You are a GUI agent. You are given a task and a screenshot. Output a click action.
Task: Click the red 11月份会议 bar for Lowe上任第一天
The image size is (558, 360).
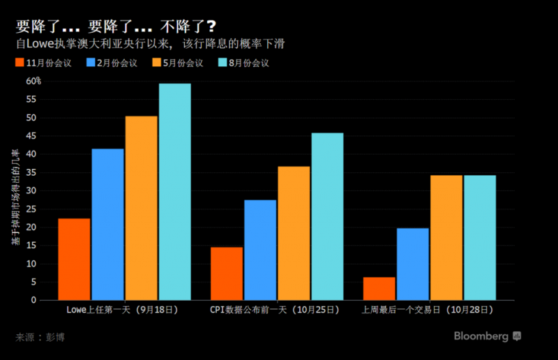tap(74, 259)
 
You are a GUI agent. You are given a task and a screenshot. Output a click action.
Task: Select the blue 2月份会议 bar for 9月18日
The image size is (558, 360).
tap(107, 224)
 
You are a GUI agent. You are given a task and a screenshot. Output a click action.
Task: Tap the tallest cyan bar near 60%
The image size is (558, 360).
tap(174, 192)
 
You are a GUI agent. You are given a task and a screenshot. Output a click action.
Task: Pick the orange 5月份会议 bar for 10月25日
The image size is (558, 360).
tap(294, 233)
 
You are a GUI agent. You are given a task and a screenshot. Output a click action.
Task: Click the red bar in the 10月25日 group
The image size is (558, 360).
tap(227, 273)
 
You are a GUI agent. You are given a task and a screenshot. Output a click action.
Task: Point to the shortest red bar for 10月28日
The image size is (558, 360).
tap(379, 288)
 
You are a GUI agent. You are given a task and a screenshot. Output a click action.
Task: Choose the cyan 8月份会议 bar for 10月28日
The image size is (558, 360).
tap(480, 237)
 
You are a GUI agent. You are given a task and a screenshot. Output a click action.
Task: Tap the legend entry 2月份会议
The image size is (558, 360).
tap(111, 63)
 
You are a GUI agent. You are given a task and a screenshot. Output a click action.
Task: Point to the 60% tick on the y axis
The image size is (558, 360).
tap(33, 81)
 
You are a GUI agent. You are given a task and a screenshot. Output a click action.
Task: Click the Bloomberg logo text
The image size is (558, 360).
tap(481, 336)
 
